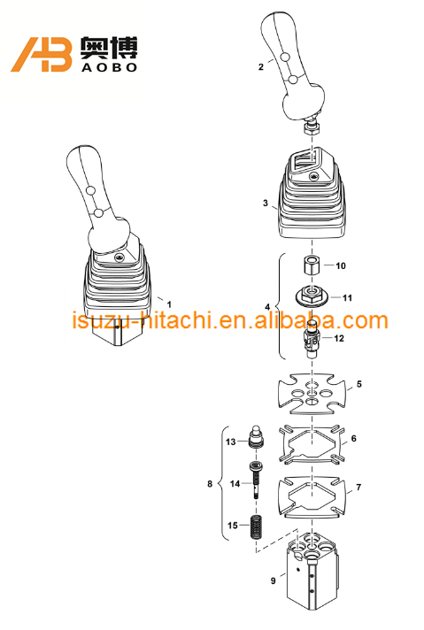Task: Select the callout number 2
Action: tap(260, 66)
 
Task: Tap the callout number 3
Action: tap(265, 203)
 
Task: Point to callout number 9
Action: tap(273, 580)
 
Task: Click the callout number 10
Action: tap(341, 265)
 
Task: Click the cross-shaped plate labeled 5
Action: tap(309, 396)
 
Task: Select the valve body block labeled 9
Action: tap(310, 575)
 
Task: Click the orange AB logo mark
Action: tap(42, 55)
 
